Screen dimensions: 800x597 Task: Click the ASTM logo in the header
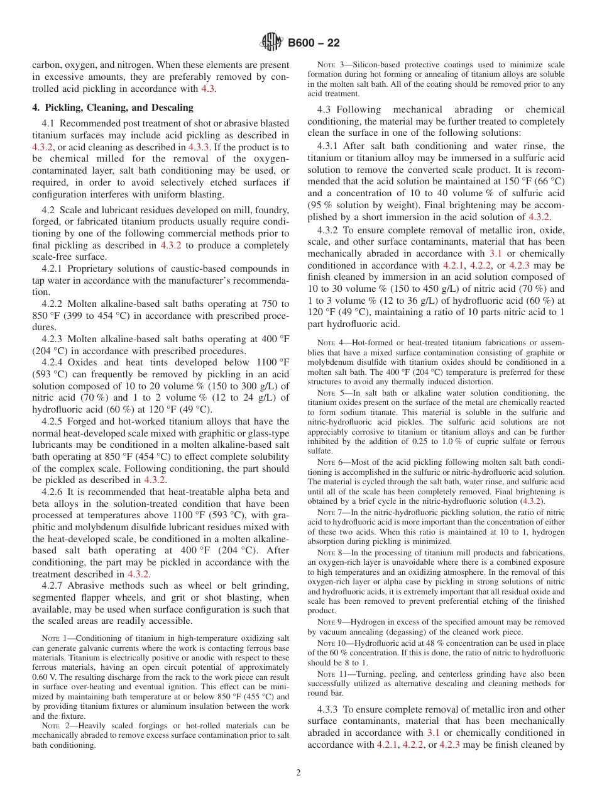(271, 43)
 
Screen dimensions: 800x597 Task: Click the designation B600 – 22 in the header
(314, 43)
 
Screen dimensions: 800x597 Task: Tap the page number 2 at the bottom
(298, 773)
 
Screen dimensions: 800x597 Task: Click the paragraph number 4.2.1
(52, 269)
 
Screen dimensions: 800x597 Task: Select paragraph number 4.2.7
(52, 586)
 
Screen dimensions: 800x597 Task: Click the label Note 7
(331, 513)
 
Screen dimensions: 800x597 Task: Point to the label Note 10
(333, 643)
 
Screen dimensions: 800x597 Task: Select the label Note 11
(333, 674)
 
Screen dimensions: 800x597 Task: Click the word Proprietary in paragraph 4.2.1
(85, 269)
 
